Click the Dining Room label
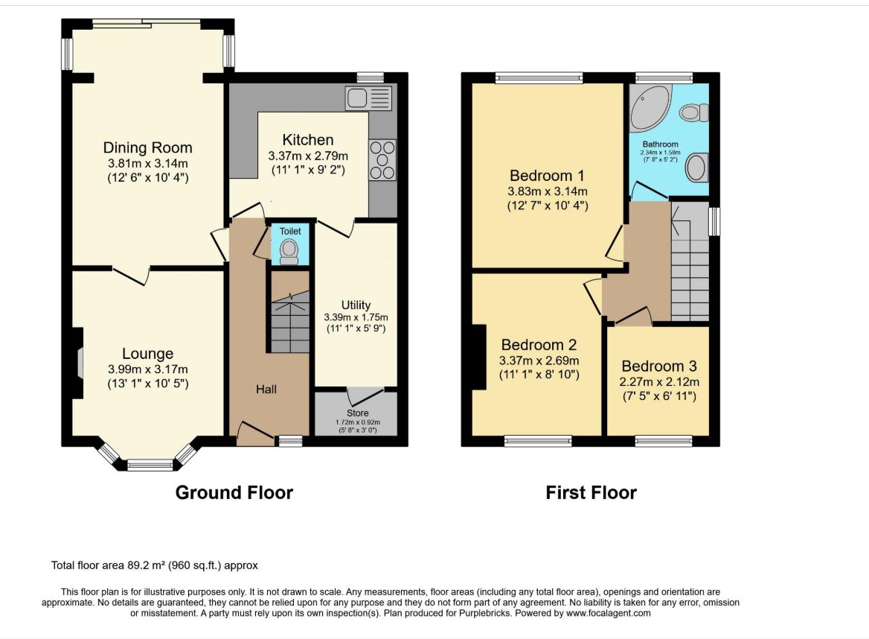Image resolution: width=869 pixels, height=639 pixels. click(147, 147)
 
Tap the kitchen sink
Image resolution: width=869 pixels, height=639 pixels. click(369, 98)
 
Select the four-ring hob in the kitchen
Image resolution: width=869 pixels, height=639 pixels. click(382, 160)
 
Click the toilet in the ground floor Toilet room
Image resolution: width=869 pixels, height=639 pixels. click(289, 252)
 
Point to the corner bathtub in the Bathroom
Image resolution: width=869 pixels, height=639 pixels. click(650, 107)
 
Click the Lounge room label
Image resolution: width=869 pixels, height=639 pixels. click(147, 353)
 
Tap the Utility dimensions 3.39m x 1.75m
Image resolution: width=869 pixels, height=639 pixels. click(356, 317)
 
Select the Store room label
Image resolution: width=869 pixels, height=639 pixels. click(357, 413)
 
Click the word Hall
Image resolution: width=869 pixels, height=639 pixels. click(266, 390)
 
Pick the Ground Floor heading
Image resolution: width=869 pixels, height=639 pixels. click(234, 492)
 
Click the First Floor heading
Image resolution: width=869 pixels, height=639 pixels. click(591, 492)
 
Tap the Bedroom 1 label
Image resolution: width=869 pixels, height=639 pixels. click(547, 176)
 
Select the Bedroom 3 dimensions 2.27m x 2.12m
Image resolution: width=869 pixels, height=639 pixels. click(659, 381)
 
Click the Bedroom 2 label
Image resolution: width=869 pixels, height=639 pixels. click(539, 345)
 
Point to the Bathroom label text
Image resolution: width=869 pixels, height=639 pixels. click(660, 144)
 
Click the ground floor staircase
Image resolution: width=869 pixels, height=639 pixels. click(290, 322)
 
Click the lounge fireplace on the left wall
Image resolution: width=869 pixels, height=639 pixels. click(78, 363)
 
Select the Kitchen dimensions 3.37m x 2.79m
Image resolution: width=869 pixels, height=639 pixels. click(308, 156)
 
